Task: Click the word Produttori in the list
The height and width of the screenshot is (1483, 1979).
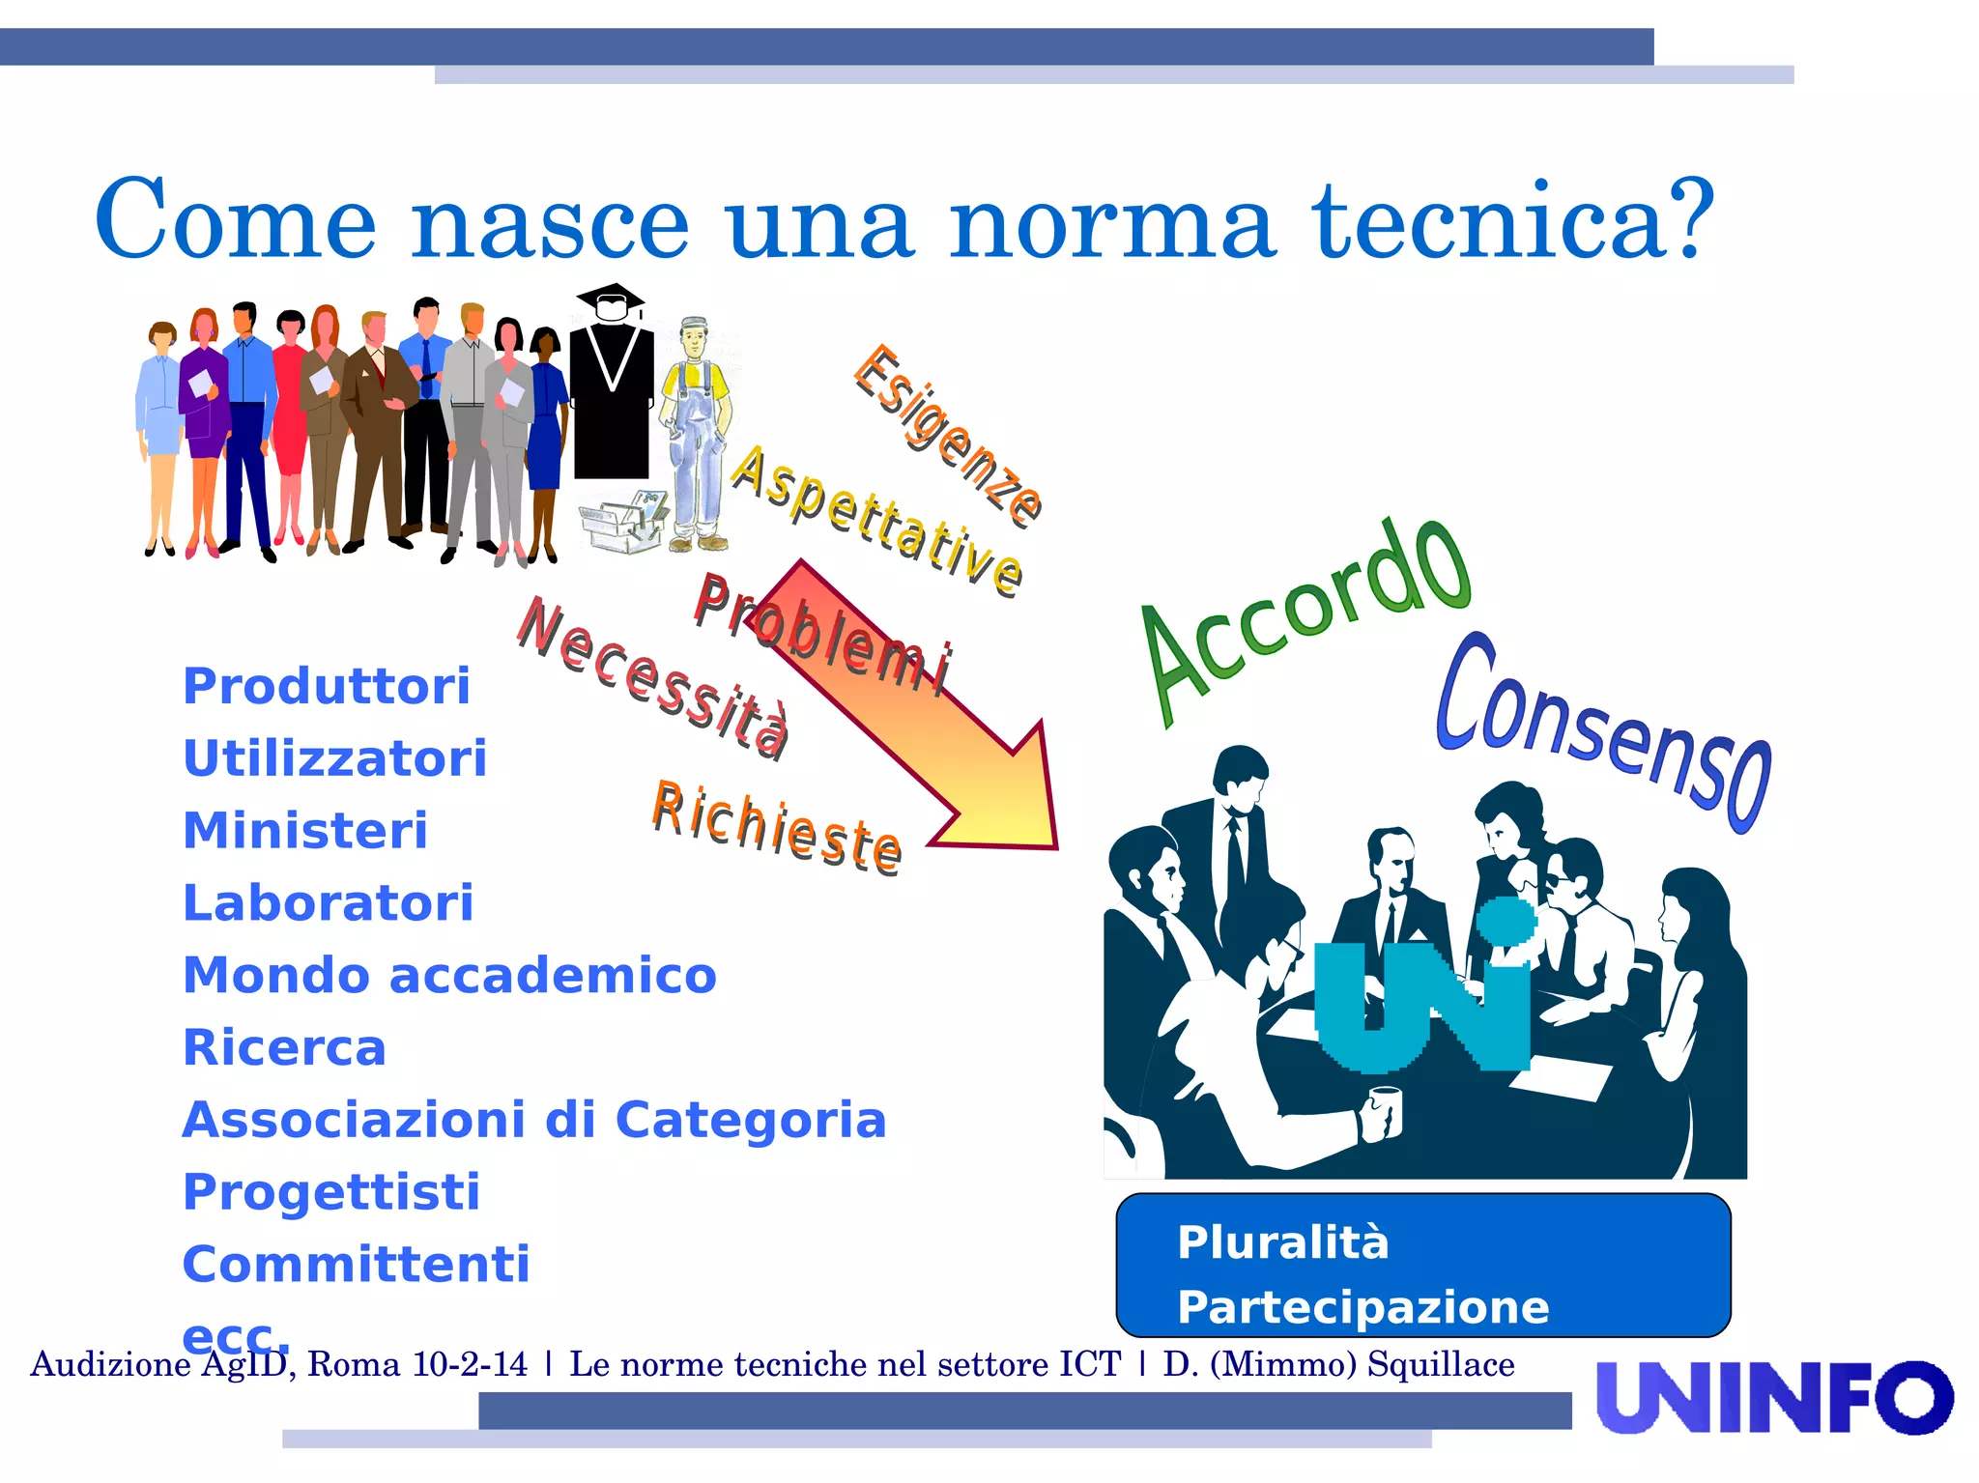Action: coord(327,687)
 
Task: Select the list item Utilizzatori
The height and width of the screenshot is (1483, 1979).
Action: coord(334,758)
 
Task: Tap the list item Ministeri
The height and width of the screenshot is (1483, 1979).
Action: coord(305,831)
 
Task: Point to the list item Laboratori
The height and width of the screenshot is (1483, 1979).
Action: coord(329,903)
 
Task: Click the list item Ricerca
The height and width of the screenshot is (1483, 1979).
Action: coord(285,1048)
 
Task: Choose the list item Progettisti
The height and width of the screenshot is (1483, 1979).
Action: coord(331,1192)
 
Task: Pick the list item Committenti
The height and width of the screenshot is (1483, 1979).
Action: coord(357,1265)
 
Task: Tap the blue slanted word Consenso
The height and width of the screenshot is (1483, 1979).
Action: coord(1604,734)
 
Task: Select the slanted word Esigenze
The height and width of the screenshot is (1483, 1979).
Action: coord(948,435)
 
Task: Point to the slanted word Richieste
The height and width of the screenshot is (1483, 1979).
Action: coord(778,829)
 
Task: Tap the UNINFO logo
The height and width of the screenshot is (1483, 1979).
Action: coord(1774,1397)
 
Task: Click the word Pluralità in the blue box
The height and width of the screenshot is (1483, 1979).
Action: coord(1283,1242)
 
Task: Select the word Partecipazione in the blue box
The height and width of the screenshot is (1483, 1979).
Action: coord(1362,1307)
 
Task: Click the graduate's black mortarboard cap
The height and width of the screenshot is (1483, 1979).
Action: coord(610,296)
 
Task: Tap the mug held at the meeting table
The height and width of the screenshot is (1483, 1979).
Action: coord(1386,1110)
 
